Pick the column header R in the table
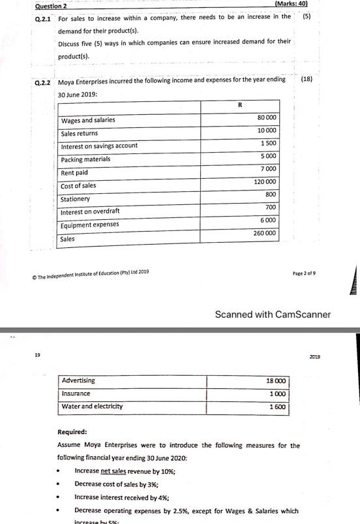pos(240,104)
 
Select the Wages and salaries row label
pos(88,120)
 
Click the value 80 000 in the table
pos(267,117)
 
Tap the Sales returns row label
pos(79,133)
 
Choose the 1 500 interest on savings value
pos(268,143)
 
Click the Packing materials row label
pos(85,159)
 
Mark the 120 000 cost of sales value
pos(265,181)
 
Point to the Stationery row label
pos(75,199)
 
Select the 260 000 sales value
pos(264,233)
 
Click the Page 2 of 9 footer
pos(304,273)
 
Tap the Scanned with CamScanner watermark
pos(273,315)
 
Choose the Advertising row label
pos(78,380)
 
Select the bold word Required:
pos(72,431)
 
